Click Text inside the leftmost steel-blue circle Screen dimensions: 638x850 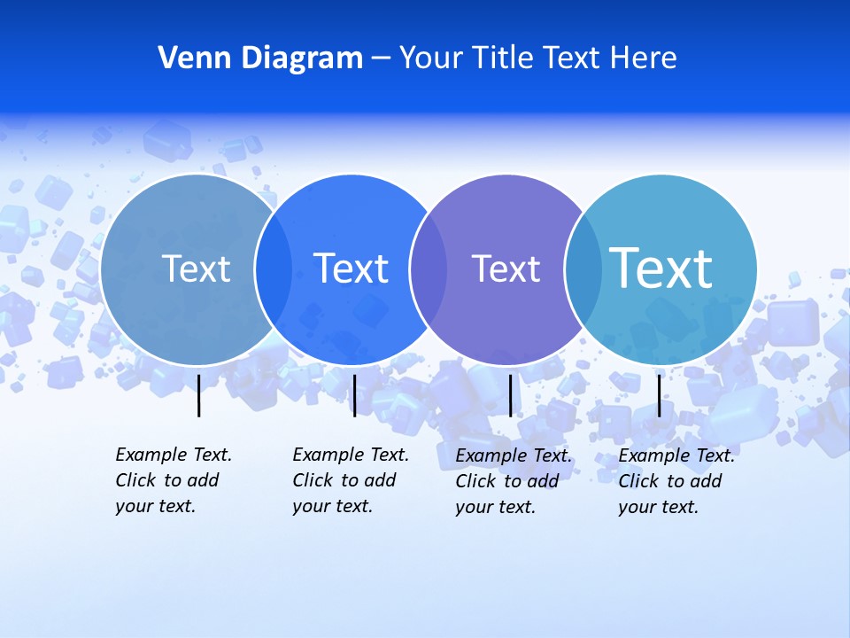(196, 268)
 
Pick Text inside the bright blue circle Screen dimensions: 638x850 (352, 268)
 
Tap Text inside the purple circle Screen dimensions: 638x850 (506, 268)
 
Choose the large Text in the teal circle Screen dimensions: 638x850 (661, 268)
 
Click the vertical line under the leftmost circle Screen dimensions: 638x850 (198, 395)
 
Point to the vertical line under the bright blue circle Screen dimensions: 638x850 (354, 395)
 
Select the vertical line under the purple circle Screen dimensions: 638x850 (510, 395)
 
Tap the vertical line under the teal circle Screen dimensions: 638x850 (659, 395)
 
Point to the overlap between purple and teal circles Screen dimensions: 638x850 (583, 268)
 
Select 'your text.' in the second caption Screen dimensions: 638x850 (333, 506)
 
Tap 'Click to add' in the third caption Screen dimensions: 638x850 (507, 481)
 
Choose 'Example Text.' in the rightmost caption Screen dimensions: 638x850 (676, 455)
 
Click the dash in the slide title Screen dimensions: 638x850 (381, 58)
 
